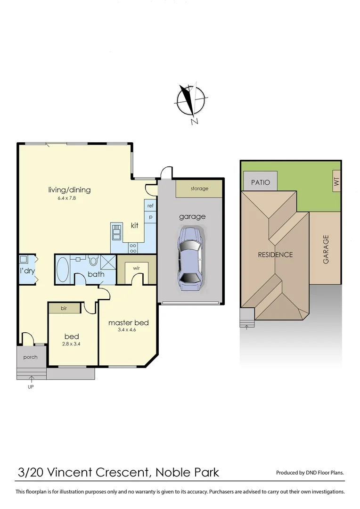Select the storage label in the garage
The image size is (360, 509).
pyautogui.click(x=199, y=189)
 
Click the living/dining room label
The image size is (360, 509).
pyautogui.click(x=69, y=190)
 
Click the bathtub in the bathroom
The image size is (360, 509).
pyautogui.click(x=62, y=269)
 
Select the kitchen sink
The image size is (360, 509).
pyautogui.click(x=116, y=231)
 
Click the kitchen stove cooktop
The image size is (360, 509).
pyautogui.click(x=133, y=248)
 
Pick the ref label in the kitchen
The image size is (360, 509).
pyautogui.click(x=150, y=206)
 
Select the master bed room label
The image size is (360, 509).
pyautogui.click(x=128, y=323)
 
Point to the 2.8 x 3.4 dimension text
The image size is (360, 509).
pyautogui.click(x=72, y=345)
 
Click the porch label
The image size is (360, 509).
pyautogui.click(x=30, y=357)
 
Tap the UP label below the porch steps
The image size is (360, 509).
pyautogui.click(x=31, y=387)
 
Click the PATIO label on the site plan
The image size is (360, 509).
pyautogui.click(x=261, y=182)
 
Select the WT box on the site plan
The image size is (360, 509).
pyautogui.click(x=336, y=181)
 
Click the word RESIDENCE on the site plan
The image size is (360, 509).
pyautogui.click(x=275, y=254)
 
